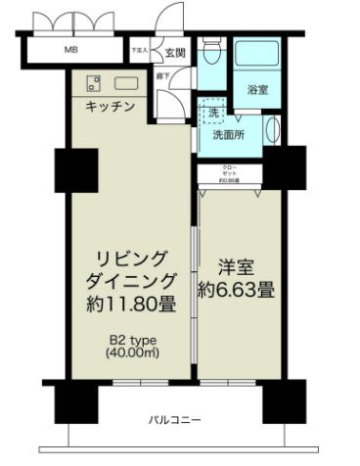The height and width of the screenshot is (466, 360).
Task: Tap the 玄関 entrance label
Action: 175,53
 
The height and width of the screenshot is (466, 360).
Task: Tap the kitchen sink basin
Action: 126,82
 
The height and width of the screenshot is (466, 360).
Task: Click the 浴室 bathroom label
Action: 258,90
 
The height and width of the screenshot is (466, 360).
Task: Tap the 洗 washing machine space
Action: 213,114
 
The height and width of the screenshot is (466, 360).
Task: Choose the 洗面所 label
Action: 230,134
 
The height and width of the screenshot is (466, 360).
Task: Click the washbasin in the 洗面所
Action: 272,130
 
